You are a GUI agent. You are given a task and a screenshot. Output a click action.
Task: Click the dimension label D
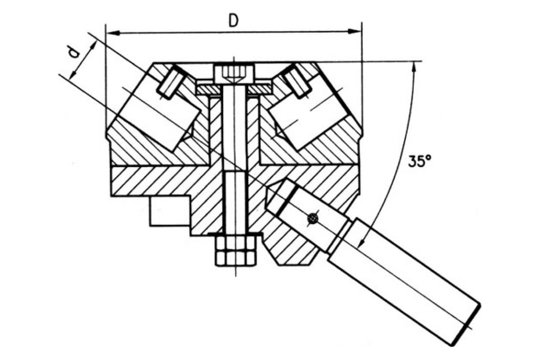click(234, 21)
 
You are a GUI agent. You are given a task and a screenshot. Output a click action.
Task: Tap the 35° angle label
click(419, 161)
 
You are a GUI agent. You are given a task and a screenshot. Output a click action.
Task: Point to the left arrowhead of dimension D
click(113, 33)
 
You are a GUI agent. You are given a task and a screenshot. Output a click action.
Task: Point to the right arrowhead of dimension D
click(355, 31)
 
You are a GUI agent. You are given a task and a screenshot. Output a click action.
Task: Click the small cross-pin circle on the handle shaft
click(313, 219)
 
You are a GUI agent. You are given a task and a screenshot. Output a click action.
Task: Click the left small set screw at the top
click(170, 83)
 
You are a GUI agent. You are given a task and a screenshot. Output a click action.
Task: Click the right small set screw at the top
click(296, 82)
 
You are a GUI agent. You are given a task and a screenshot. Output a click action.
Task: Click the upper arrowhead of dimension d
click(93, 46)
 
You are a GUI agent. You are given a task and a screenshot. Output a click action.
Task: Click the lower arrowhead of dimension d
click(73, 73)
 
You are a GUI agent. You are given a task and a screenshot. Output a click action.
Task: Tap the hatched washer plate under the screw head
click(234, 90)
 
